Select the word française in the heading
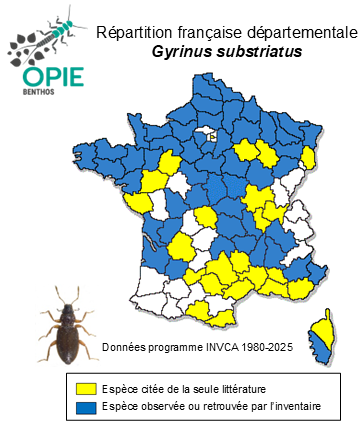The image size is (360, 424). coord(201,32)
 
